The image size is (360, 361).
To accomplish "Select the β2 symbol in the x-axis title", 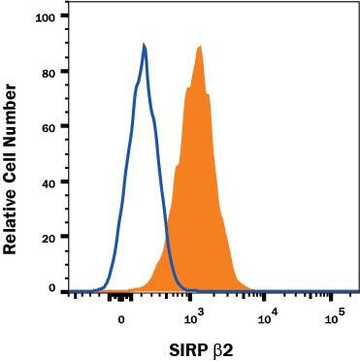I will pyautogui.click(x=212, y=345).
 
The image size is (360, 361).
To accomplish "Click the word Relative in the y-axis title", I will pyautogui.click(x=11, y=218).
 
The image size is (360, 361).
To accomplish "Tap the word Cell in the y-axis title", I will pyautogui.click(x=11, y=158).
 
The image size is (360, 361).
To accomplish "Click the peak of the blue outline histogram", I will pyautogui.click(x=144, y=45).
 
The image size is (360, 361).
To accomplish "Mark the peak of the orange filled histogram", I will pyautogui.click(x=198, y=46).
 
